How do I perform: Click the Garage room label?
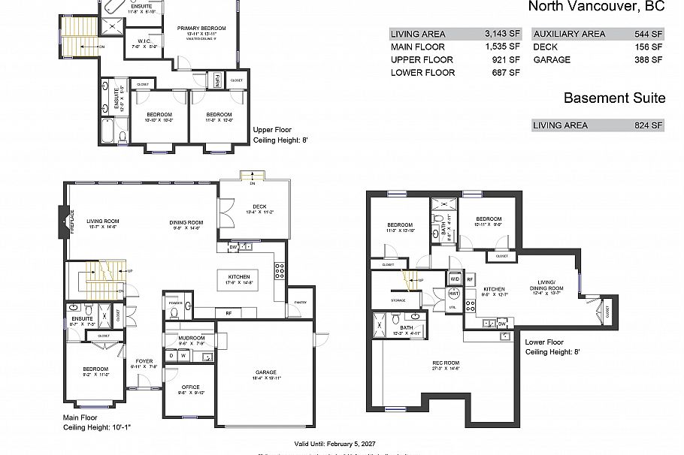point(265,372)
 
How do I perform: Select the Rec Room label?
point(446,363)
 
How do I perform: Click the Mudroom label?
point(192,338)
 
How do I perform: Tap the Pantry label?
point(301,302)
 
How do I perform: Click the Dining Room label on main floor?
point(186,222)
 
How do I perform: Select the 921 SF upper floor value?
point(507,59)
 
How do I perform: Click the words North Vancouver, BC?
point(597,8)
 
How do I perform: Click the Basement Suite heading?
point(614,98)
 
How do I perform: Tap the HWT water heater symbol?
point(453,295)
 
